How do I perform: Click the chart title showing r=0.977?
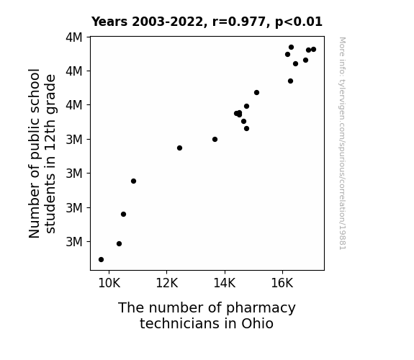point(207,22)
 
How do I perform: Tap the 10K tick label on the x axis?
point(109,283)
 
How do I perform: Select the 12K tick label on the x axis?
point(167,283)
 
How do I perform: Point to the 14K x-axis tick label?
point(225,283)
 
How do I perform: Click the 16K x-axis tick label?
point(282,283)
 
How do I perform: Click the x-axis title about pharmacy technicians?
point(207,315)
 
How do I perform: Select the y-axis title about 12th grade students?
point(42,153)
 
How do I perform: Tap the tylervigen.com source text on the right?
point(343,143)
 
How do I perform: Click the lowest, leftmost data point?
point(101,260)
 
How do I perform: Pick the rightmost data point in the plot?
point(313,50)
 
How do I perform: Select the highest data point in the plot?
point(291,48)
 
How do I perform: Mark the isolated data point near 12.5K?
point(179,148)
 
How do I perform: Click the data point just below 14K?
point(215,139)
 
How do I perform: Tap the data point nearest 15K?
point(256,92)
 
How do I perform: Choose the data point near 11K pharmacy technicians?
point(134,181)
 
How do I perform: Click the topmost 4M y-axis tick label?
point(74,37)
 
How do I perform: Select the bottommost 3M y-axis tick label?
point(74,242)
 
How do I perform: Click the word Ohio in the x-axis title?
point(257,323)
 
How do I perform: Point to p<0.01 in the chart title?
point(299,22)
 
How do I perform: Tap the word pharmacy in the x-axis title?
point(261,308)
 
